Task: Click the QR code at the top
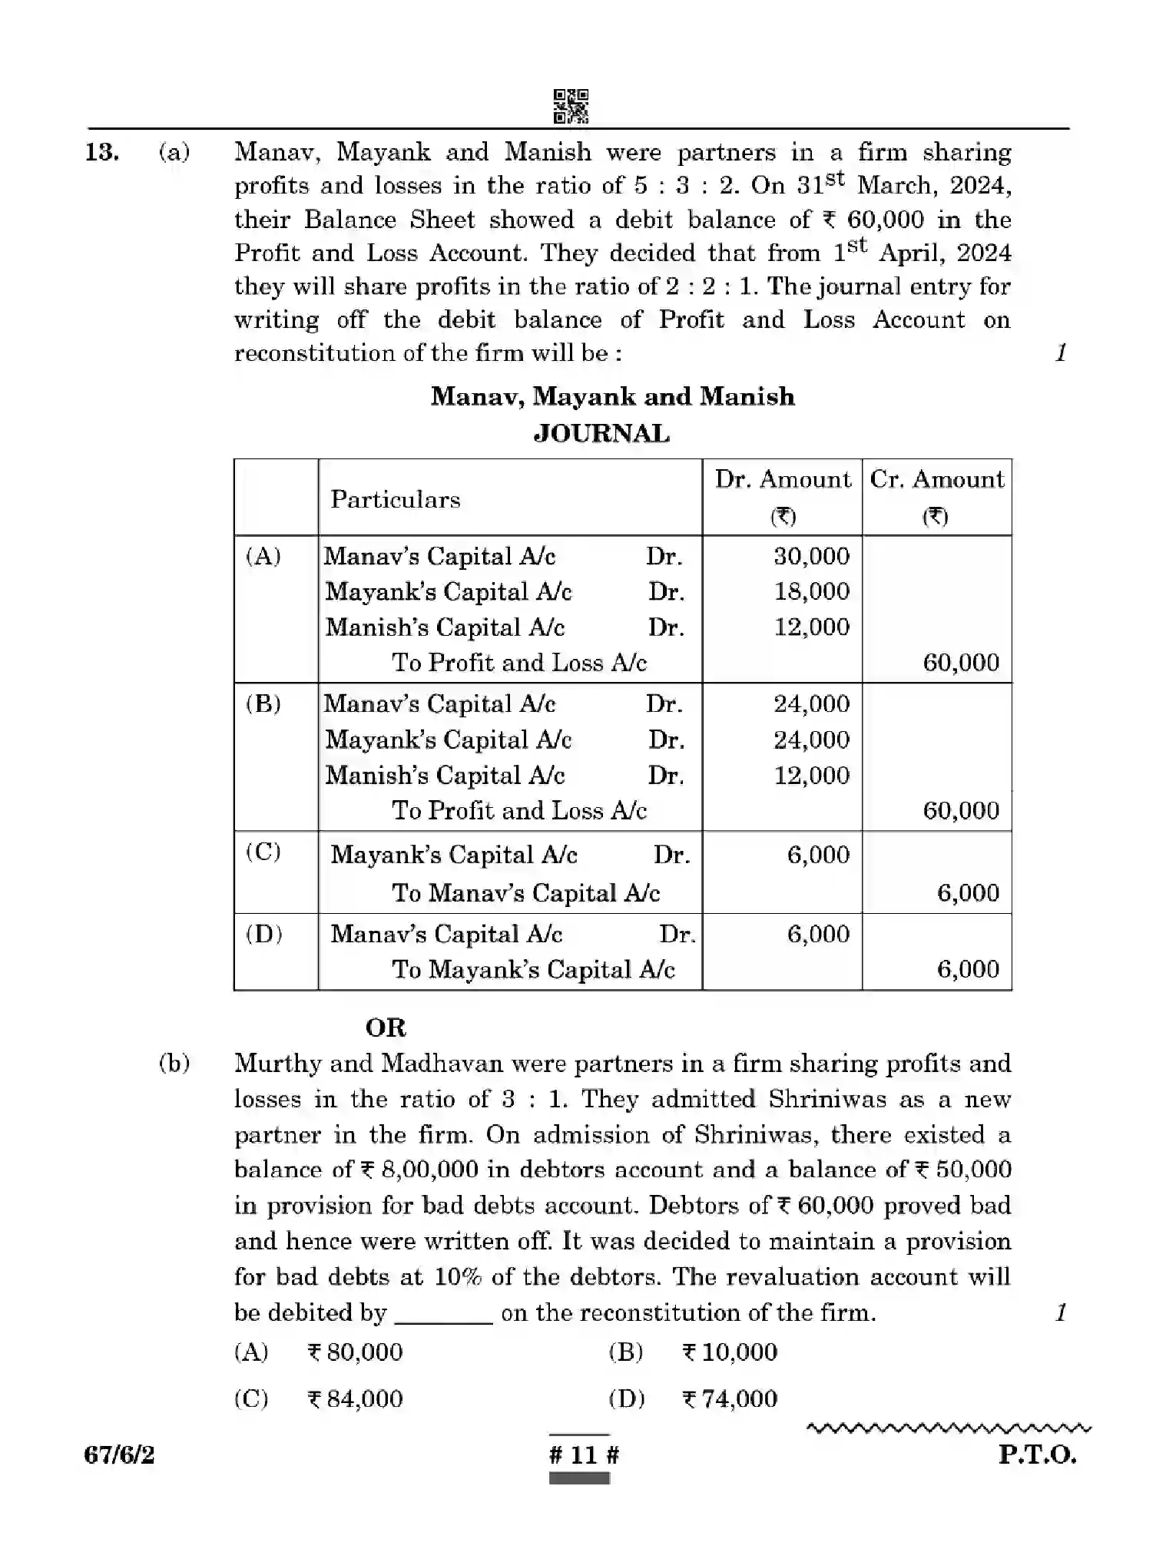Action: coord(571,106)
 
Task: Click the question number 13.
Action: coord(101,152)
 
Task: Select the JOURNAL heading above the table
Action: coord(601,434)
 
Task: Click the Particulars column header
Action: coord(396,499)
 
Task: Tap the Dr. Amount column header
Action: coord(783,480)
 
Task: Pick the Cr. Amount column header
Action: coord(936,480)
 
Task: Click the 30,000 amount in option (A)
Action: coord(811,556)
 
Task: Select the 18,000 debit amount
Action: coord(811,591)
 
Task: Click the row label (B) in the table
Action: coord(263,703)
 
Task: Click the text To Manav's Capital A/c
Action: coord(526,892)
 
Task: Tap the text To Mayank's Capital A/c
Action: coord(534,969)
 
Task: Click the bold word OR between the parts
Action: coord(386,1028)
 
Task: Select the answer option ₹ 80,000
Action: coord(355,1352)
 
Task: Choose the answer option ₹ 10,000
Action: coord(730,1352)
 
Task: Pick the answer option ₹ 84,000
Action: coord(355,1398)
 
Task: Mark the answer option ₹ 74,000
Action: coord(730,1398)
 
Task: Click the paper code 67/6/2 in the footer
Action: coord(120,1454)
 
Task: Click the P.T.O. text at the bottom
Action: coord(1037,1454)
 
